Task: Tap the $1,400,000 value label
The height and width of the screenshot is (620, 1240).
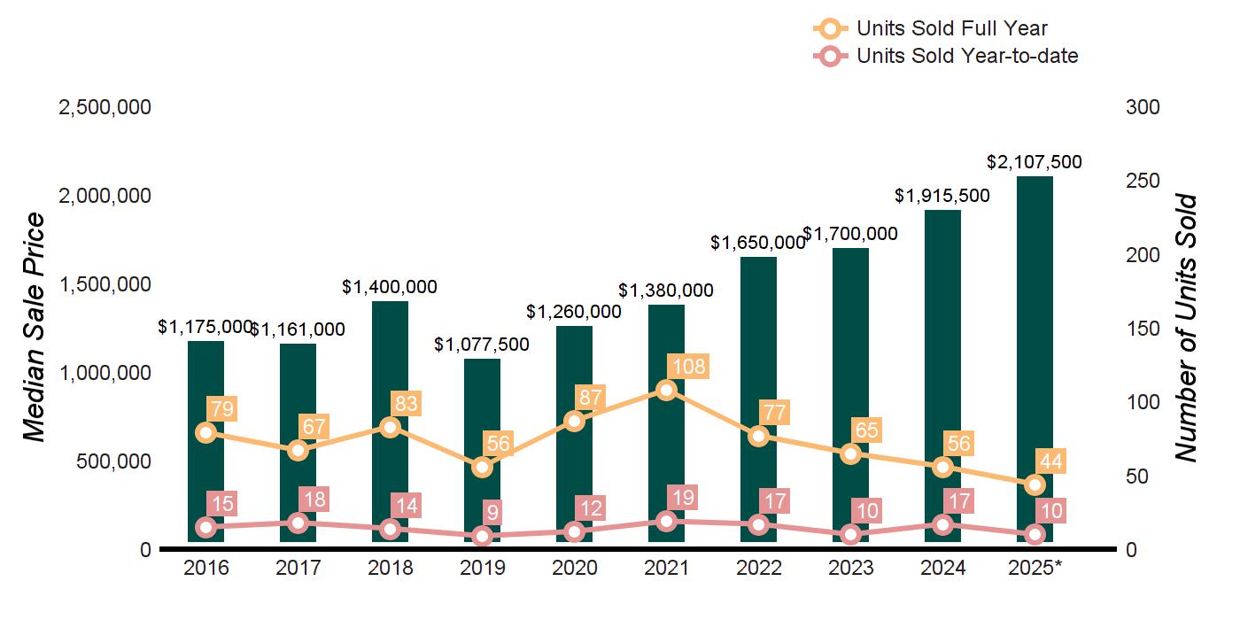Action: point(390,288)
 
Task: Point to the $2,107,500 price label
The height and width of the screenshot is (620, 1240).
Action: point(1035,162)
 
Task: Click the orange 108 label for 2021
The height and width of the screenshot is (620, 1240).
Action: point(687,366)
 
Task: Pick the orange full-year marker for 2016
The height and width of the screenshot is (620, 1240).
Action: point(206,432)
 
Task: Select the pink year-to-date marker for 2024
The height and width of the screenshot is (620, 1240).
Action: point(942,524)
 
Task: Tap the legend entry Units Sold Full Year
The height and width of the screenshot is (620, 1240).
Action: point(951,29)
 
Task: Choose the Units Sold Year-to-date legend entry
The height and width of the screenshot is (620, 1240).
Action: point(966,56)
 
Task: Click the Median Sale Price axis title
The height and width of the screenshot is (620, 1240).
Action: point(34,328)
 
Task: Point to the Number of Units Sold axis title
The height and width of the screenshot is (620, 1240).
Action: point(1187,328)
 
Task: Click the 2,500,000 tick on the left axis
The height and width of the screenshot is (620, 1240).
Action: point(105,107)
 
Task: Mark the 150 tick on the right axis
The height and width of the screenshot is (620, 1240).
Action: point(1143,329)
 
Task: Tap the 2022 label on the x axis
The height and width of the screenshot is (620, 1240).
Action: point(758,568)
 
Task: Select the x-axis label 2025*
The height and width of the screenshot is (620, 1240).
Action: point(1035,568)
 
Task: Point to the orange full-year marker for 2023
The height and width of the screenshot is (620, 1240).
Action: point(850,453)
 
